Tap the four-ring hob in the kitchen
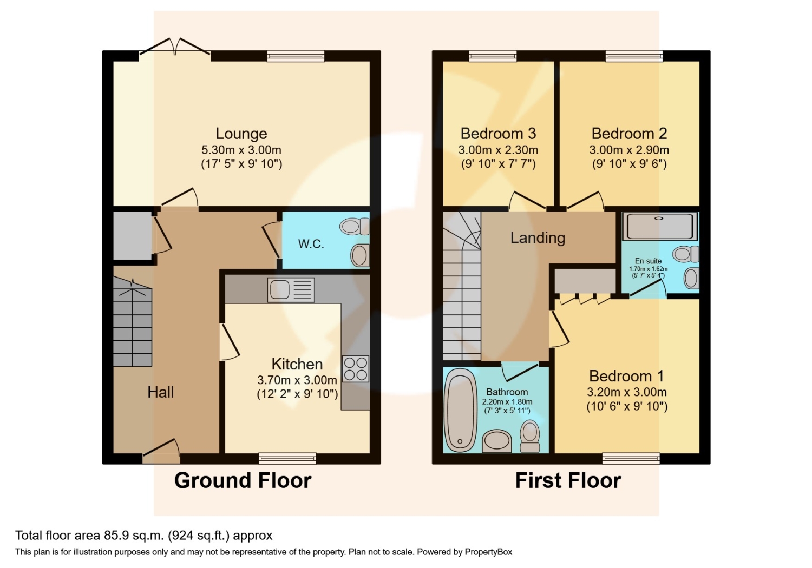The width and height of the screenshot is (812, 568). click(x=356, y=368)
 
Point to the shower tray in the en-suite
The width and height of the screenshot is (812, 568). click(x=659, y=226)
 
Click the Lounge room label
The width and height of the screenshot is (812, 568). click(x=241, y=134)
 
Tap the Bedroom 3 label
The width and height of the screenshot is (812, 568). click(x=498, y=134)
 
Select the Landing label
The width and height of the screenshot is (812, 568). click(x=538, y=237)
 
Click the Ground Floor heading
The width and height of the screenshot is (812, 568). click(x=243, y=480)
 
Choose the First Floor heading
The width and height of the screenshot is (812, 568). click(x=568, y=480)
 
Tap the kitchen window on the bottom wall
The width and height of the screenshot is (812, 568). click(x=287, y=459)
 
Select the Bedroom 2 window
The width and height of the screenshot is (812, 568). click(x=634, y=56)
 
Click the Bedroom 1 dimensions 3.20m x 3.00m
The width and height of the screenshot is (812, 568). click(x=627, y=392)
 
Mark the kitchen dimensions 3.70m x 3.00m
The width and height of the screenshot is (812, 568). click(x=297, y=380)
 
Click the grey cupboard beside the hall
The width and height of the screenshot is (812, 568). click(x=132, y=236)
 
